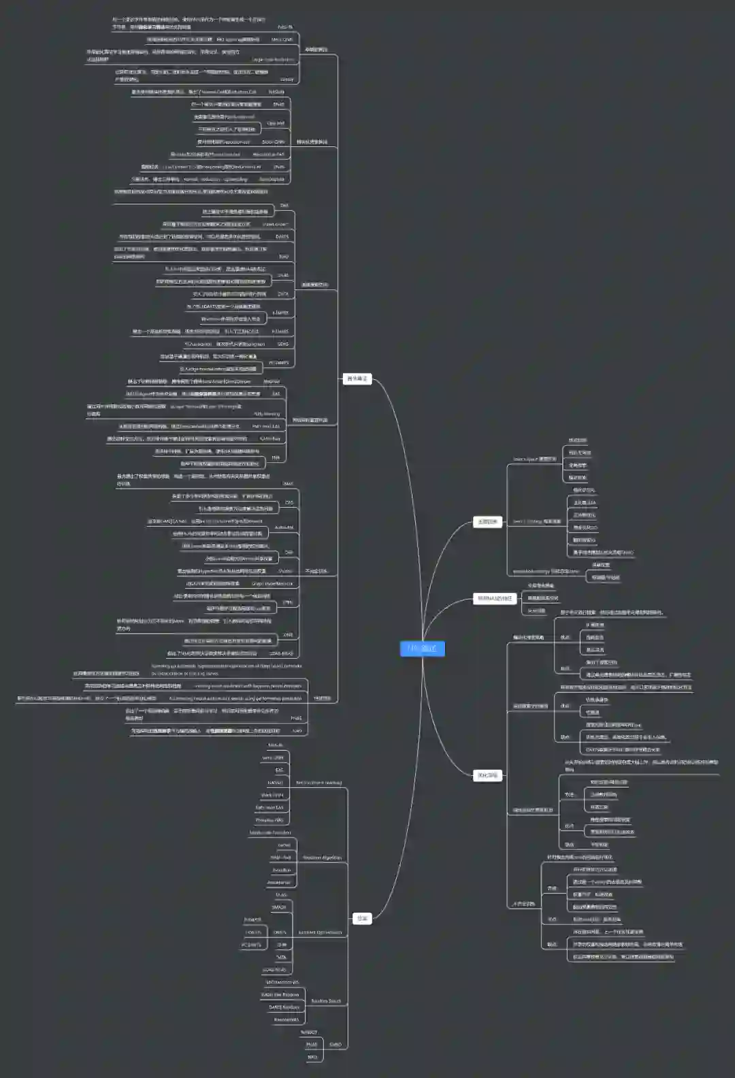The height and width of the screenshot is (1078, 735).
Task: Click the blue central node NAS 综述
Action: pos(422,648)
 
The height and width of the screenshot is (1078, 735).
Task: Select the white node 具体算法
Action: pos(357,378)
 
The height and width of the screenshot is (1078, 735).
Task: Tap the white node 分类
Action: pos(362,918)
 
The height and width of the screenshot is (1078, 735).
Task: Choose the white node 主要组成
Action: pos(487,522)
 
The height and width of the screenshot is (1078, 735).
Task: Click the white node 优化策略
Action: pos(487,775)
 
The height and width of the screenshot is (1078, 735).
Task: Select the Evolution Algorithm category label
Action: pos(322,857)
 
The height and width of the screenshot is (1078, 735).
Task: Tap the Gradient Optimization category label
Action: pos(320,932)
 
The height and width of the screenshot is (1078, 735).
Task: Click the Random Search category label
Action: pos(326,1001)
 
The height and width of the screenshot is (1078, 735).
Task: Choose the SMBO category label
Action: pos(335,1044)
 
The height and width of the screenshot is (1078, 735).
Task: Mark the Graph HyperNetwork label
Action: pos(272,583)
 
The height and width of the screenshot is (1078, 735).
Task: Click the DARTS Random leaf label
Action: pos(284,1007)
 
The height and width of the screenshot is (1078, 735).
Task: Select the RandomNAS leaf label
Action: pos(286,1019)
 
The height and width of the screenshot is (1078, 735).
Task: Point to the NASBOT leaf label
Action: pos(309,1032)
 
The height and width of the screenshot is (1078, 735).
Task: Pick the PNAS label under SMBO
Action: pos(312,1045)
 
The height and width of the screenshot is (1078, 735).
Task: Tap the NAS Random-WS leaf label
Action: pos(282,982)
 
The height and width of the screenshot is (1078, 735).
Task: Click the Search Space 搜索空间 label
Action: pos(534,459)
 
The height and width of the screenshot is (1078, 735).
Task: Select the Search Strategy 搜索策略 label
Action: pos(536,521)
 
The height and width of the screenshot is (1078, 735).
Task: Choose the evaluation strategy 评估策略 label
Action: pos(545,572)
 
